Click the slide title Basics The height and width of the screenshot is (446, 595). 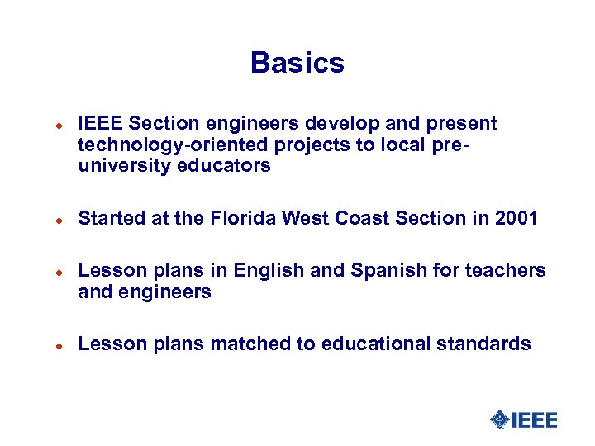(x=297, y=63)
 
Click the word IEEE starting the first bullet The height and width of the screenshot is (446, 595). (x=100, y=124)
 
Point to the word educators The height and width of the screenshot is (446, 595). (x=226, y=166)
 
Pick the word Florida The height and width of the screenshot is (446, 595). (x=236, y=219)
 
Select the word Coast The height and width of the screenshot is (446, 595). (x=360, y=219)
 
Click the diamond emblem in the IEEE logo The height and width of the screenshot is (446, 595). (x=499, y=420)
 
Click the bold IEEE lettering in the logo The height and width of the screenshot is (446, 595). (x=535, y=420)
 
